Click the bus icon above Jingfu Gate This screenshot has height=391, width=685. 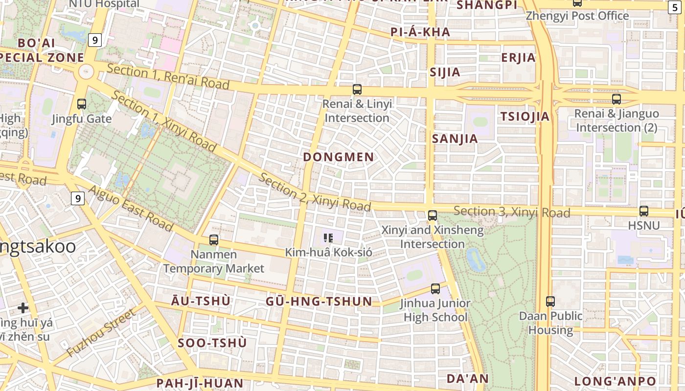tap(82, 104)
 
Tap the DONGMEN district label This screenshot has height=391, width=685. tap(339, 157)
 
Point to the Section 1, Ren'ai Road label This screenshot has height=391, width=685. tap(168, 77)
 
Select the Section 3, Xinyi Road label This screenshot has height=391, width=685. tap(512, 212)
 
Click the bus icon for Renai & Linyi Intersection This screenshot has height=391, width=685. tap(357, 89)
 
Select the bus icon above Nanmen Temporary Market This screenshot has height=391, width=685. tap(214, 240)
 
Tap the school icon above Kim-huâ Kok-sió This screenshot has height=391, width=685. tap(328, 238)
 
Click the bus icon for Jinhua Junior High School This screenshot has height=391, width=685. tap(435, 289)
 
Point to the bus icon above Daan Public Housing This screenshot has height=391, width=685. tap(550, 302)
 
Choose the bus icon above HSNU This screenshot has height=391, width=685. tap(644, 211)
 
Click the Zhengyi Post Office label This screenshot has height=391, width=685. tap(577, 16)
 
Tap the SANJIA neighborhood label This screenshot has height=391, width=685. tap(455, 139)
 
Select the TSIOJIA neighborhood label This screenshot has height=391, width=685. tap(525, 117)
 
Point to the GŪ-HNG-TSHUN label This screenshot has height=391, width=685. tap(319, 302)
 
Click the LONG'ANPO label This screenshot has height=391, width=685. tap(615, 381)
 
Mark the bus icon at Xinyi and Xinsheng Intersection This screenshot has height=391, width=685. tap(433, 215)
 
